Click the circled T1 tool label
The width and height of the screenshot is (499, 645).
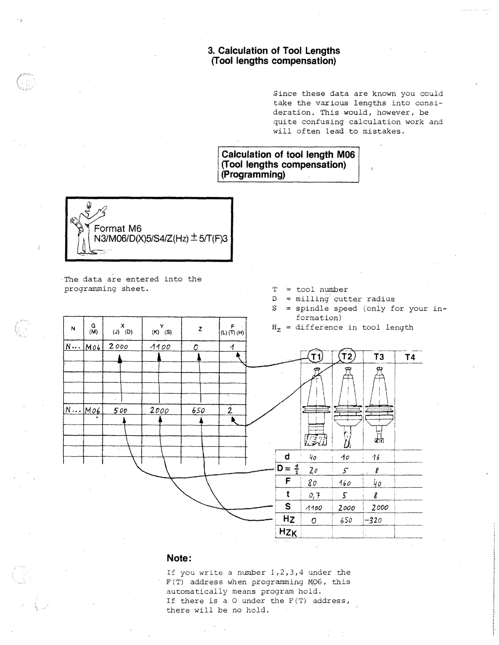coord(316,357)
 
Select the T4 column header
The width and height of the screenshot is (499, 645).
coord(410,357)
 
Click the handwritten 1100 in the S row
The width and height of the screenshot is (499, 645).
coord(314,508)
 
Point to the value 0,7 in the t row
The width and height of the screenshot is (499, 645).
coord(314,495)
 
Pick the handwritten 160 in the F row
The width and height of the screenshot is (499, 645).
coord(345,483)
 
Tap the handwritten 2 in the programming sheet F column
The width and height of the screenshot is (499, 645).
coord(230,410)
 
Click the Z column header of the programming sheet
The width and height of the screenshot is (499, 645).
coord(200,329)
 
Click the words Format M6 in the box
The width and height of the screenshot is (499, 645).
coord(118,228)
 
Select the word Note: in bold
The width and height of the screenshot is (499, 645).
coord(179,558)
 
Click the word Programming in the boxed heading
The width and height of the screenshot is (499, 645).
coord(253,175)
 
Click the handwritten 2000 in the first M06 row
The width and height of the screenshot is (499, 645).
coord(118,346)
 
